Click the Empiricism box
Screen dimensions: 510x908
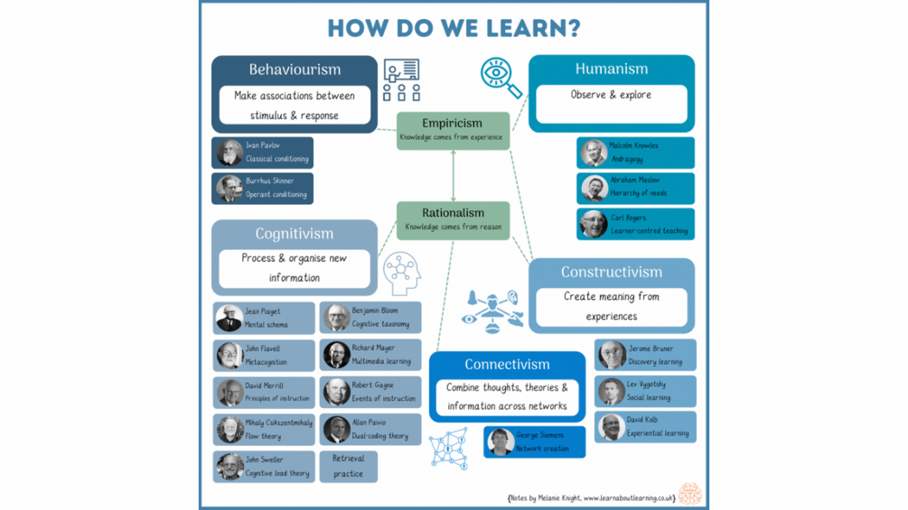coord(453,130)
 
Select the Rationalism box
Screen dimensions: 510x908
coord(453,219)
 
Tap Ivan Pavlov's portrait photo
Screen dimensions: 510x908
coord(229,153)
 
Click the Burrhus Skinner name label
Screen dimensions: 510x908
coord(270,181)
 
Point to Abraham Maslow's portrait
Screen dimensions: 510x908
coord(594,188)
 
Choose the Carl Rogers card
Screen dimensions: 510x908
coord(636,224)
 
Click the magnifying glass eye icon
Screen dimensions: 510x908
coord(500,77)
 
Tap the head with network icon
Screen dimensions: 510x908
coord(401,274)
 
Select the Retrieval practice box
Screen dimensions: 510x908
coord(348,466)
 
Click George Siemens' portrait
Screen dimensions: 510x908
coord(500,441)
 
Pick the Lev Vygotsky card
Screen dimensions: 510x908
coord(645,391)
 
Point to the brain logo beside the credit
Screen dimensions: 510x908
coord(690,493)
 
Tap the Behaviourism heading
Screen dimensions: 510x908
coord(295,70)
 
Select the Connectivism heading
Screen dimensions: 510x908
coord(507,365)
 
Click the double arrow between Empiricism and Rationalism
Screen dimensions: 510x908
coord(453,175)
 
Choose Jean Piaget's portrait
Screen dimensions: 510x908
coord(229,318)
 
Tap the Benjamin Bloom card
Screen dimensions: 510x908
coord(370,317)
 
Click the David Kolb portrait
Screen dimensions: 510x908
coord(611,427)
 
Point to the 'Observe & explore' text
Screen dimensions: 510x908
coord(611,95)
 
